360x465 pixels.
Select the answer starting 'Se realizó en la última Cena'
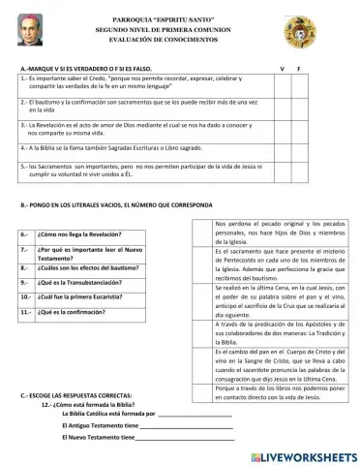click(277, 321)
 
